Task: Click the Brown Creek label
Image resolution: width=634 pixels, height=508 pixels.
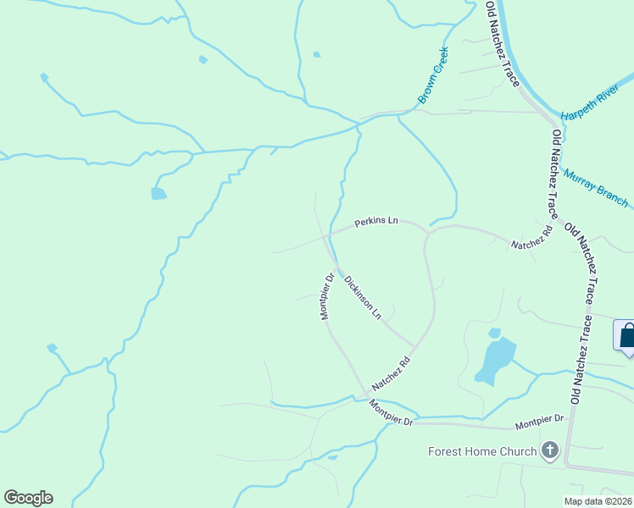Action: (434, 75)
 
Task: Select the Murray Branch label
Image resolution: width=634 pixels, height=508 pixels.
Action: (596, 186)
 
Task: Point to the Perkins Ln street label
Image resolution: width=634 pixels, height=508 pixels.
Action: (375, 221)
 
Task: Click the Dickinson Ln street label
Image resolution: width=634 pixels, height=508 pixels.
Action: (363, 295)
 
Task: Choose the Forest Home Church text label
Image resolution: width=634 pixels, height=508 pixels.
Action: (482, 451)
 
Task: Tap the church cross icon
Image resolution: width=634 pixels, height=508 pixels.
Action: (550, 450)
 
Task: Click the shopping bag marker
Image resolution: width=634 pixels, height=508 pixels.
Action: (627, 336)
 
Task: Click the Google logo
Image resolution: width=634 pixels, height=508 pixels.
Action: (28, 497)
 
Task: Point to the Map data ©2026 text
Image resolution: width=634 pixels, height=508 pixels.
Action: (598, 501)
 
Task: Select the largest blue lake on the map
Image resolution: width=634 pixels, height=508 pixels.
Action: (497, 358)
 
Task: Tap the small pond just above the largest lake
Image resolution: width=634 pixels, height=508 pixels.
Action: (495, 333)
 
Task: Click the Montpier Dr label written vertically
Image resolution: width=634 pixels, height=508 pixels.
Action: (325, 295)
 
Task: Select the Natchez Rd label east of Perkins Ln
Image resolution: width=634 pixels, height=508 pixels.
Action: (531, 237)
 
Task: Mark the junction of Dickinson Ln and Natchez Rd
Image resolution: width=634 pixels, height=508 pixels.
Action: (415, 346)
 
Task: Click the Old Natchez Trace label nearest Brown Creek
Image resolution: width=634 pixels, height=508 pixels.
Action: (502, 42)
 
